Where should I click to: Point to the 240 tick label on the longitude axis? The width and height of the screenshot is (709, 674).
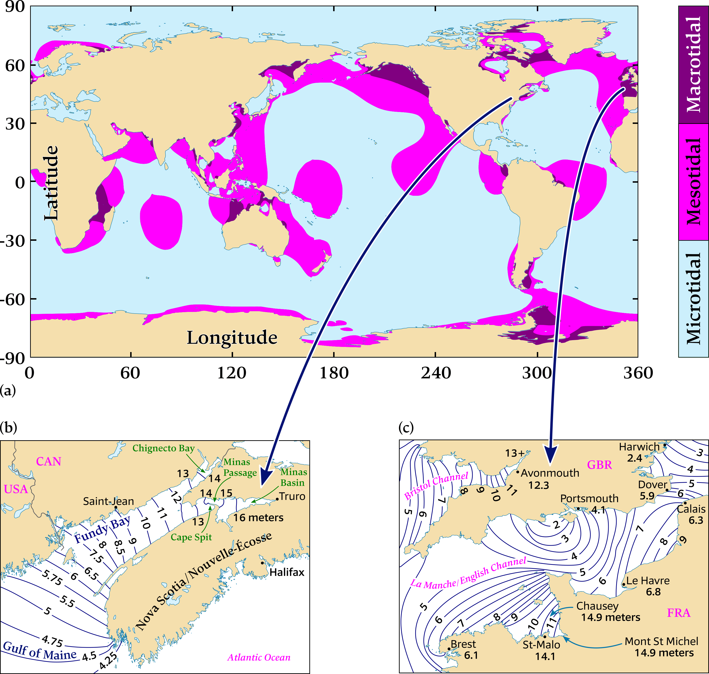click(x=436, y=373)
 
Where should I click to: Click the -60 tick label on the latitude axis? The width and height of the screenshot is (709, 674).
click(x=12, y=299)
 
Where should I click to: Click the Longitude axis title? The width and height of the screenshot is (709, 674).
click(x=232, y=338)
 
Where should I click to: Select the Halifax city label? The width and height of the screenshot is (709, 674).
click(x=287, y=572)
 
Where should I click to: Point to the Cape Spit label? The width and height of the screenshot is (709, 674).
click(x=191, y=537)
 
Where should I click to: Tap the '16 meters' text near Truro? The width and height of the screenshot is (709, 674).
click(x=258, y=517)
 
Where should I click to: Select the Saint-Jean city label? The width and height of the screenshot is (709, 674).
click(x=108, y=501)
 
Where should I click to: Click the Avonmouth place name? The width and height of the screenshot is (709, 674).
click(x=550, y=473)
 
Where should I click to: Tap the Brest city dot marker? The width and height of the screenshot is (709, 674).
click(x=449, y=649)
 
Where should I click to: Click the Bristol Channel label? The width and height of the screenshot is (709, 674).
click(x=436, y=486)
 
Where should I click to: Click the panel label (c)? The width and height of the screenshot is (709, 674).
click(x=406, y=428)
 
